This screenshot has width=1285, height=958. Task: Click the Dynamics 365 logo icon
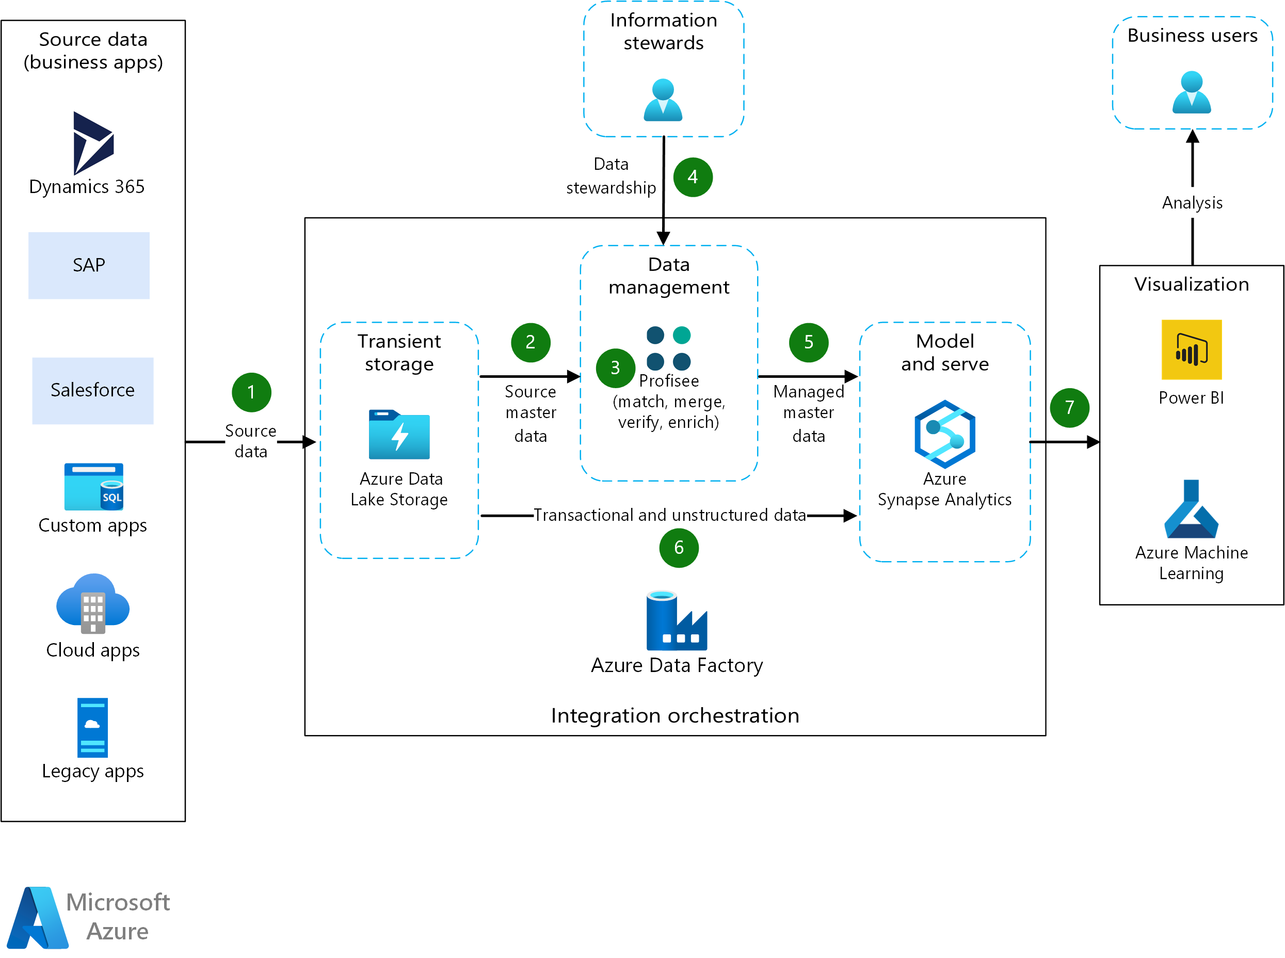coord(93,142)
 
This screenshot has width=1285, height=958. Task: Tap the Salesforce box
coord(93,390)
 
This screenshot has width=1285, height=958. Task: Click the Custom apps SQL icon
coord(93,486)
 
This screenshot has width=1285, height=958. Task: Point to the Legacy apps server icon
coord(93,727)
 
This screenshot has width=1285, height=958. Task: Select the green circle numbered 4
coord(693,178)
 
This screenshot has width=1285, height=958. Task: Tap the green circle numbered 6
coord(679,548)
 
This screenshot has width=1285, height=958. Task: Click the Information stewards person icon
coord(663,100)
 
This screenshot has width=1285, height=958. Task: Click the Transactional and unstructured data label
coord(669,515)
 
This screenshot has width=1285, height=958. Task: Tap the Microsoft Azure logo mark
coord(38,917)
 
